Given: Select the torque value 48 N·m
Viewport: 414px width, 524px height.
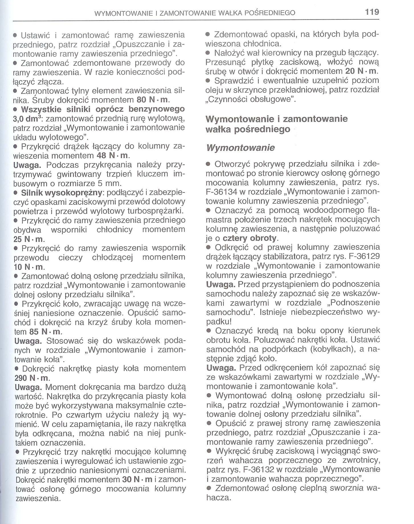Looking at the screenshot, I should pos(112,156).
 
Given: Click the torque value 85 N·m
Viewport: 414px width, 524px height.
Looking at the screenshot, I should pos(45,332).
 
